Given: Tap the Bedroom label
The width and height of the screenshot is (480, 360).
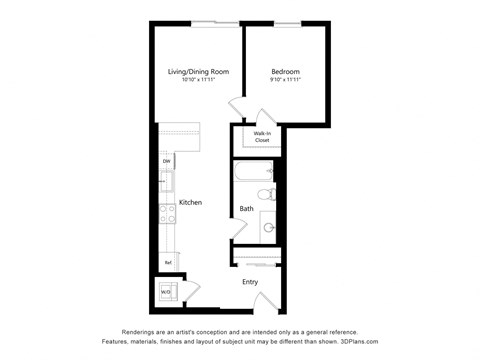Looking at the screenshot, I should [286, 71].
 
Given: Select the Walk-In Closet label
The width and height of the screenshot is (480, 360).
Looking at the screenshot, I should [262, 137].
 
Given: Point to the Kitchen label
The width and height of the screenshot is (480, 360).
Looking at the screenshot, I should [190, 203].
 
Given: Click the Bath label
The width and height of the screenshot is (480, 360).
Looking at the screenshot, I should [246, 209].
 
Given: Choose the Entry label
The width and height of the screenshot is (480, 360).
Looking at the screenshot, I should [251, 281].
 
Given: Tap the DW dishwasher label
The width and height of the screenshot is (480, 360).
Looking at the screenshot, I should [165, 161].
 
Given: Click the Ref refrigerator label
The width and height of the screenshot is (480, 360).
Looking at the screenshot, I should [166, 263].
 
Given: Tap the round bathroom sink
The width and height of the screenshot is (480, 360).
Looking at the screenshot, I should [268, 227].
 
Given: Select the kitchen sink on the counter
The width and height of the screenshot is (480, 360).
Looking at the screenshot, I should [167, 182].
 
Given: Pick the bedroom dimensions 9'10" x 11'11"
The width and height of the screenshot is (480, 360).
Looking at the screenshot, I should [286, 80].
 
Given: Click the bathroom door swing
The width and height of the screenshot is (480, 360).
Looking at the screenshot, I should [240, 230].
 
